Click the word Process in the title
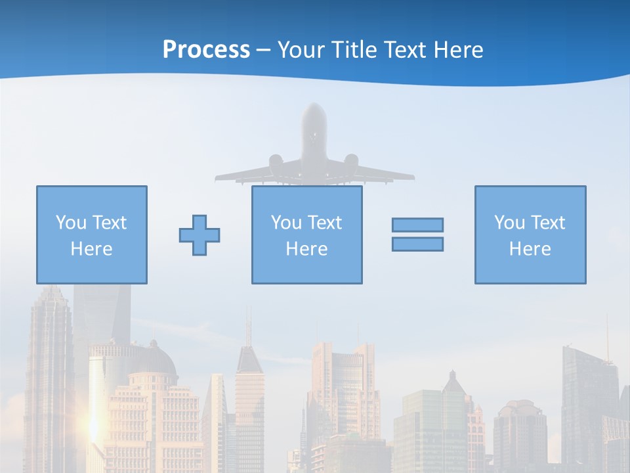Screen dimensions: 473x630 (206, 50)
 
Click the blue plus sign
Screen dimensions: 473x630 (199, 235)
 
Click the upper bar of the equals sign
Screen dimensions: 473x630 (417, 225)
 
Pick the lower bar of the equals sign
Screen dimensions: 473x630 (417, 244)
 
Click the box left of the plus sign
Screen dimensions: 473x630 (91, 235)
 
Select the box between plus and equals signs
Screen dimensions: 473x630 (306, 235)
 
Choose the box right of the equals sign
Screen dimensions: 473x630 (530, 235)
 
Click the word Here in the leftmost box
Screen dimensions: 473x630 (91, 249)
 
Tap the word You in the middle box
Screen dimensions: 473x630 (286, 223)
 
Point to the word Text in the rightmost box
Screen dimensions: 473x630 (549, 223)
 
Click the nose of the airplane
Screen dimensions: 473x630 (314, 107)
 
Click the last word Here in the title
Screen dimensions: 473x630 (459, 50)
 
